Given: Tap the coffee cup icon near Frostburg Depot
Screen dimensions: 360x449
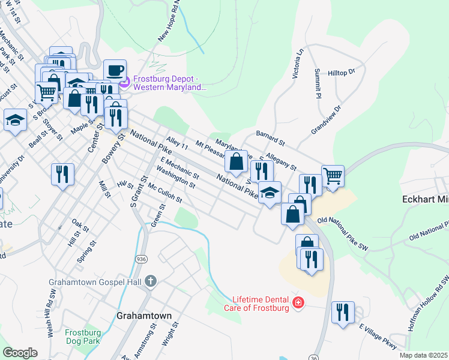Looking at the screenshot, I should point(115,70).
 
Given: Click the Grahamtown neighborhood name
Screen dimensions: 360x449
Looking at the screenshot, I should point(144,315).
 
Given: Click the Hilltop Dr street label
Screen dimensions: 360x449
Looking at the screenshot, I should point(342,73).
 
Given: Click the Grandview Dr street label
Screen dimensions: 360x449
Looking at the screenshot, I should point(326,119).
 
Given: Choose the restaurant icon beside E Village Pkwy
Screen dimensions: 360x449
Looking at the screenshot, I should point(343,312).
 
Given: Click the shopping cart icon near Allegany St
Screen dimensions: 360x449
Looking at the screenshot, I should point(333,176).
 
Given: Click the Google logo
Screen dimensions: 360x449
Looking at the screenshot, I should point(20,353).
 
